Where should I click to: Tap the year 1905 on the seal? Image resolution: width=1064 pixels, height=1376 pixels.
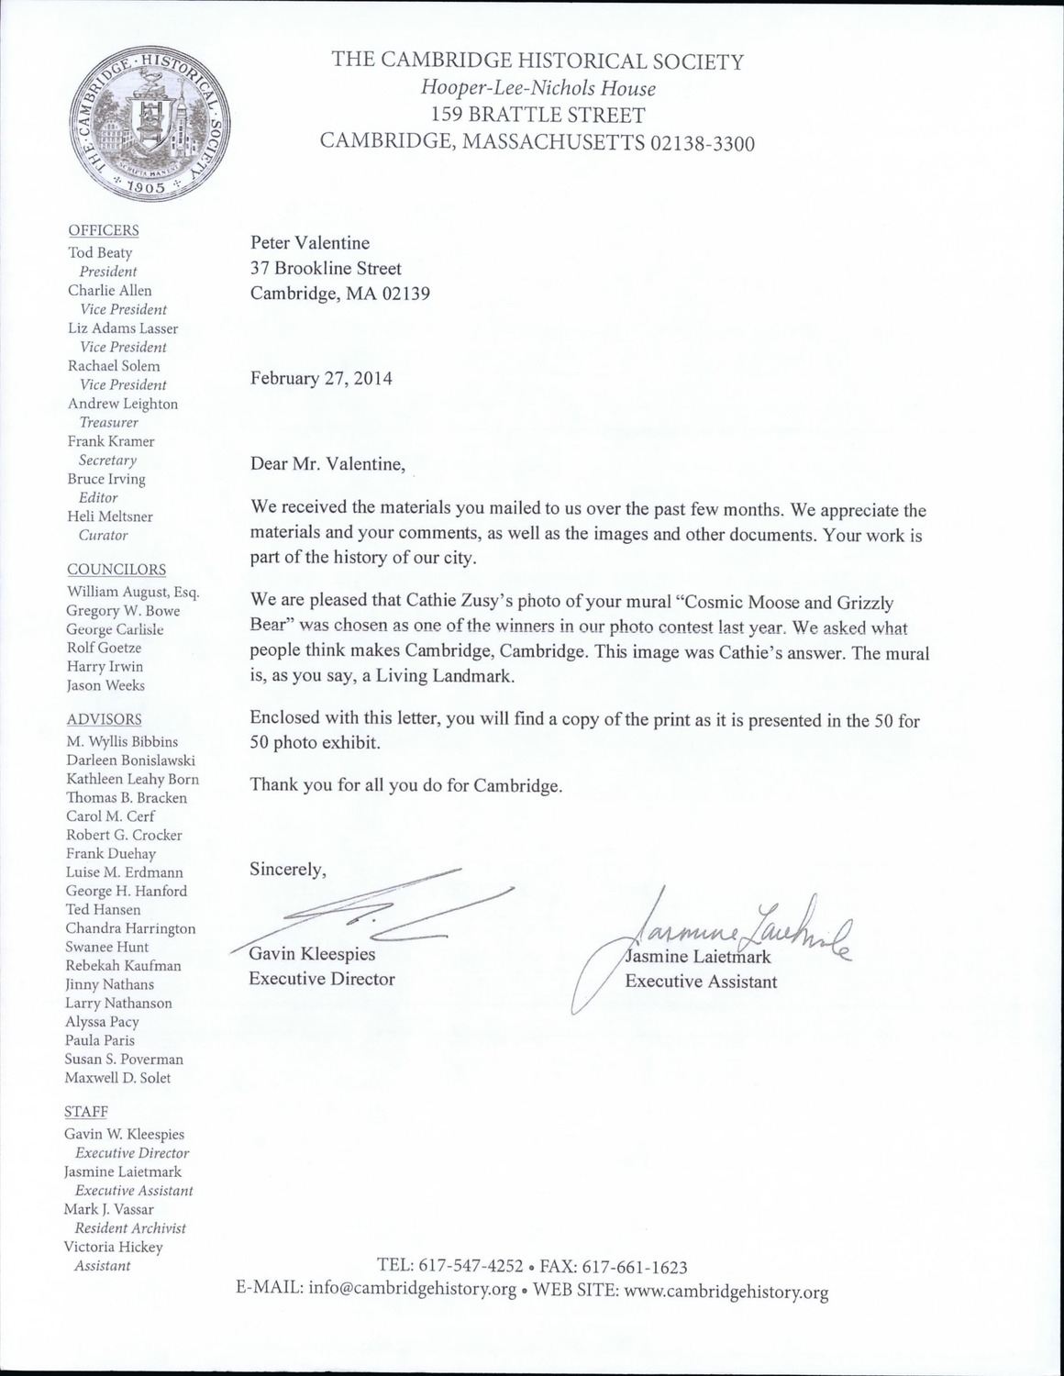coord(146,186)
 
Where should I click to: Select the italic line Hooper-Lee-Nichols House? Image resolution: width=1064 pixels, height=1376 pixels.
coord(538,89)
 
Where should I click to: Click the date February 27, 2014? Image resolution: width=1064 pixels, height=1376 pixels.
coord(321,378)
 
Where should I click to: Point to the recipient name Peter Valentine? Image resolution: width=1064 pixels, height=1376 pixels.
coord(310,243)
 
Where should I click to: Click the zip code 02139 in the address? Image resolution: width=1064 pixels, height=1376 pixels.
coord(401,294)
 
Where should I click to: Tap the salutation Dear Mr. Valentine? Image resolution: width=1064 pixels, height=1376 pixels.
coord(327,463)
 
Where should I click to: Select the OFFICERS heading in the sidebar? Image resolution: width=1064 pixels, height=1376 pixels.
coord(104,230)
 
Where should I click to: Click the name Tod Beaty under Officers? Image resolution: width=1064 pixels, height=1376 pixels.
coord(100,252)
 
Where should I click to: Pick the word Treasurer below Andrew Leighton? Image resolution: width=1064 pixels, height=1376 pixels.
coord(108,423)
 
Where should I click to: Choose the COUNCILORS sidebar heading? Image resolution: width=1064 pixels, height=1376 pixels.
coord(116,570)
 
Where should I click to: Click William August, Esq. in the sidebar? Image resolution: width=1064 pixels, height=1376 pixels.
coord(132,592)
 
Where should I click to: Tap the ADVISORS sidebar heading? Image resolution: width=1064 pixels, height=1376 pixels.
coord(104,719)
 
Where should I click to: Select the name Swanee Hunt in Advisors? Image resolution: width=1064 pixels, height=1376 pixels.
coord(106,947)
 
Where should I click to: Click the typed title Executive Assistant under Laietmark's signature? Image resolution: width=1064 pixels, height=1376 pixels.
coord(701,982)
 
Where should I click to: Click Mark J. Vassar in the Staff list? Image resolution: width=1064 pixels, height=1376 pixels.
coord(108,1209)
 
